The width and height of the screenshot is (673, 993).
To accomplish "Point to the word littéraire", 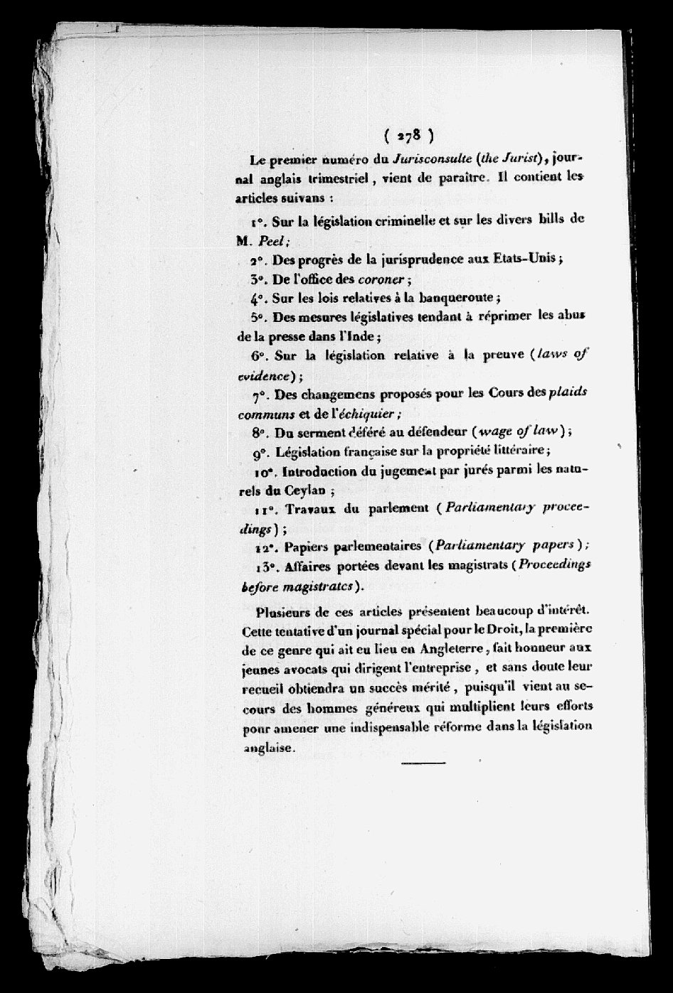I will pos(507,450).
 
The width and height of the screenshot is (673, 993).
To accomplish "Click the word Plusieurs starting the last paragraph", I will pos(290,612).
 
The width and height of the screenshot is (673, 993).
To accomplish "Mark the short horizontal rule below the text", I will pos(423,764).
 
